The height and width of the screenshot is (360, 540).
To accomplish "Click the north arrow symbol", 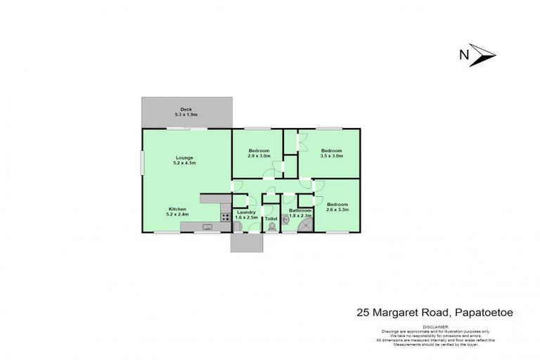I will point(484,54).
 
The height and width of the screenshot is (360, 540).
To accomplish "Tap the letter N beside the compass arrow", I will point(463,54).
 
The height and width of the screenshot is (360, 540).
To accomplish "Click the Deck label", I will point(186,109).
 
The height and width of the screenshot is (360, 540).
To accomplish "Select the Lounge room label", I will point(184,157).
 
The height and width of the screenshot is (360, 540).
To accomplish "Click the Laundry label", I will point(245,212).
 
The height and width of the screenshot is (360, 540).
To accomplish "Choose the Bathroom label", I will point(300,210).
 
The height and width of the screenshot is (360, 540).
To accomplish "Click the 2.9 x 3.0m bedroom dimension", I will point(259,156).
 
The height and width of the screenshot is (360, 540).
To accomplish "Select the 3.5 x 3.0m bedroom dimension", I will point(331,156).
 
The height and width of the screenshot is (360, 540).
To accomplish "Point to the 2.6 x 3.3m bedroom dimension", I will point(337,210).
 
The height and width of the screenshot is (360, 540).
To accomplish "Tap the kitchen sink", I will point(207,226).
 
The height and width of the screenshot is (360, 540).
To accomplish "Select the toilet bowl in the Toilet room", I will point(271,227).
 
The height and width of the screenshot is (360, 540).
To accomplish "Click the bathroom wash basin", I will point(286,219).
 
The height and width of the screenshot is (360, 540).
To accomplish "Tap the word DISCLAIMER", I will point(427,327).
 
